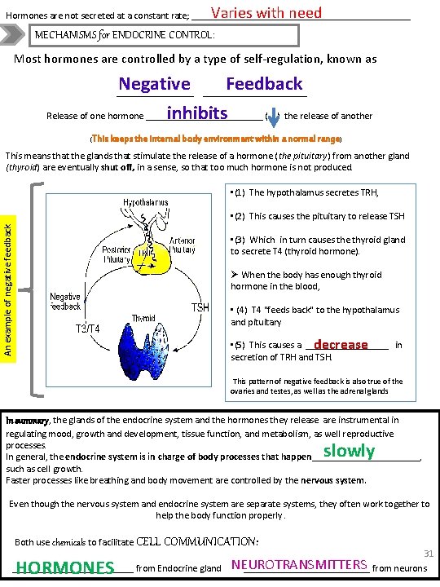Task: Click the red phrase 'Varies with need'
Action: pyautogui.click(x=266, y=13)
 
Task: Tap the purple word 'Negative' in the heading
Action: pyautogui.click(x=154, y=84)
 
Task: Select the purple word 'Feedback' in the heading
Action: pyautogui.click(x=264, y=84)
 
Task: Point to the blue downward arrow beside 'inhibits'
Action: pyautogui.click(x=272, y=113)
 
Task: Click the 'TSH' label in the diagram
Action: pyautogui.click(x=200, y=307)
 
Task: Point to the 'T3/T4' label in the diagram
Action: pyautogui.click(x=87, y=329)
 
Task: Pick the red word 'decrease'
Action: pyautogui.click(x=341, y=345)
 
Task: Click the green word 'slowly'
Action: pyautogui.click(x=349, y=451)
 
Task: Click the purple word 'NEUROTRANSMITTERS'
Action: pyautogui.click(x=300, y=564)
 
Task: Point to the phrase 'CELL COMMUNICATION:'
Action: pyautogui.click(x=197, y=541)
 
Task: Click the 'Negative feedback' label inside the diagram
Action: pyautogui.click(x=66, y=302)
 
